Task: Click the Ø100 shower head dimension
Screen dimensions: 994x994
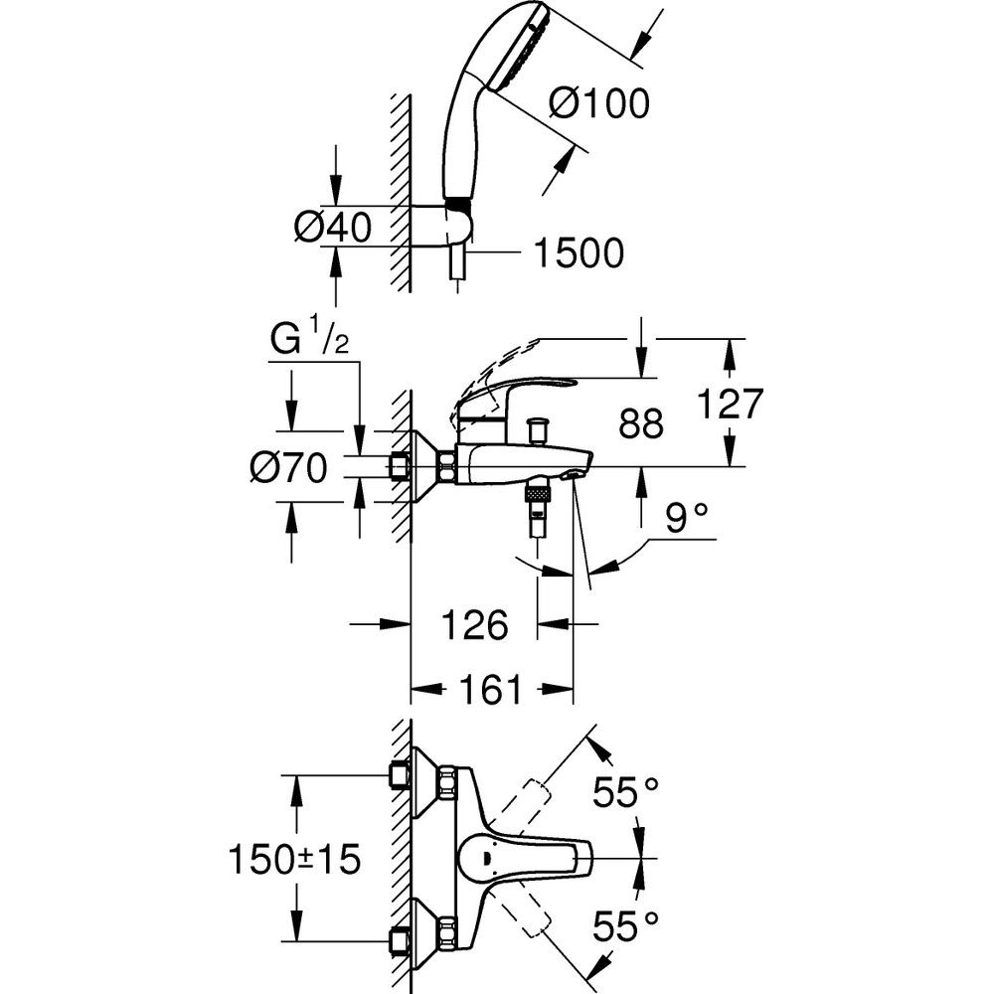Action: point(598,102)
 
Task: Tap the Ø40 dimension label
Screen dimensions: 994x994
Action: point(332,228)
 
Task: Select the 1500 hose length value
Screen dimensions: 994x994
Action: point(579,254)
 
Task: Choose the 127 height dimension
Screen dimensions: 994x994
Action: point(730,405)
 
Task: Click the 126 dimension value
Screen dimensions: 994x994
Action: point(474,625)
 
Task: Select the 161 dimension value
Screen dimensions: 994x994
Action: point(491,689)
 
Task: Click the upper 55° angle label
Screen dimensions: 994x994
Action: point(626,792)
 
